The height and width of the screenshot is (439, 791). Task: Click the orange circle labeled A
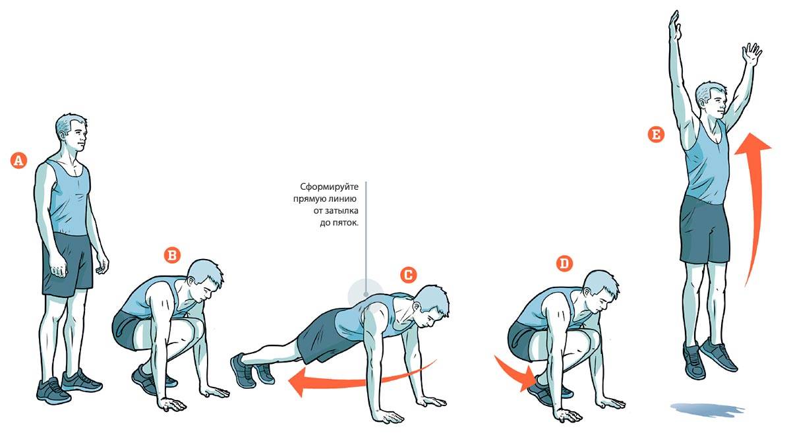(x=18, y=160)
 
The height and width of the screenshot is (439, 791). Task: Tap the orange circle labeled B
(x=172, y=255)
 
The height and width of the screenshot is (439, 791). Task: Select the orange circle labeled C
(x=408, y=274)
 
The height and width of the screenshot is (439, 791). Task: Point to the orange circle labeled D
(x=564, y=263)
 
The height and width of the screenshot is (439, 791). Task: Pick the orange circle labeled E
(x=656, y=134)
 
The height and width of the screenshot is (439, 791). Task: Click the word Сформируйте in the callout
(x=329, y=187)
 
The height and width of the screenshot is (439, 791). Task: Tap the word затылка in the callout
(x=341, y=211)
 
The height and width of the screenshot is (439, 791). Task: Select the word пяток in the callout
(x=345, y=223)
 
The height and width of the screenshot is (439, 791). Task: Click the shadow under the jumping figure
(x=707, y=410)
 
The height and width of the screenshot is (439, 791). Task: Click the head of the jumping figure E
(x=711, y=100)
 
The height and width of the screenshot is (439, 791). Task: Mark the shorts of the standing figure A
(x=67, y=263)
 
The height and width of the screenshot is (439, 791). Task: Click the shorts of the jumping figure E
(x=705, y=230)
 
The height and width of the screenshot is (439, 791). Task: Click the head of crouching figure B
(x=205, y=281)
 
